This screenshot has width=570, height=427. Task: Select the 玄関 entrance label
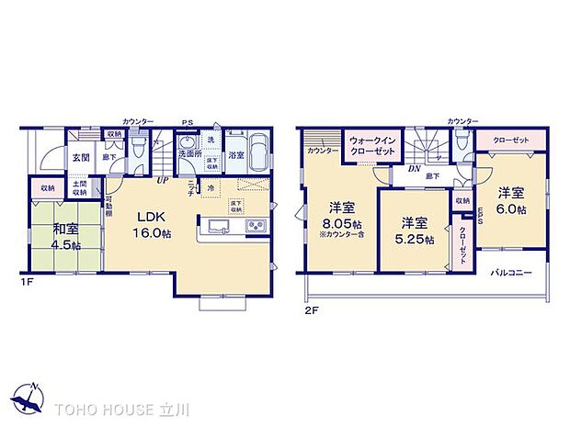[x=81, y=157]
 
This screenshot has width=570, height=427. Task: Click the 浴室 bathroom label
[x=235, y=155]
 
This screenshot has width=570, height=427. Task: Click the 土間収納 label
[x=81, y=187]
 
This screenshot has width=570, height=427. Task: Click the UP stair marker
[x=162, y=179]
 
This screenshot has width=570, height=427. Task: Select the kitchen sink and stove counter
[x=233, y=227]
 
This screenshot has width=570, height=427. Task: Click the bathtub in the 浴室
[x=258, y=149]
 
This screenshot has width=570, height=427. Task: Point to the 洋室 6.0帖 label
[x=511, y=201]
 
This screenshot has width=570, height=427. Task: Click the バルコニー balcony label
[x=511, y=272]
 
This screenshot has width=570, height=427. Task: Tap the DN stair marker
[x=416, y=169]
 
